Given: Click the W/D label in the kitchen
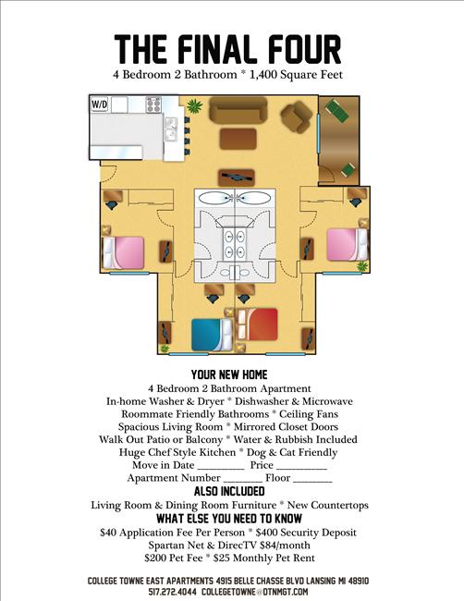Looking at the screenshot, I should coord(99,104).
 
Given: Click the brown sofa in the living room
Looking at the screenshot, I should coord(235,110).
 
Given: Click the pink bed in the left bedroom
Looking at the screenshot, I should coord(123,252).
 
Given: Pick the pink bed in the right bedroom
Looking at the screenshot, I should coord(343,245).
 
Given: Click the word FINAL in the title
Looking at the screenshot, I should coord(231,48).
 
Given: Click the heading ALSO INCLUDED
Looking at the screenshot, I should coord(229,491).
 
